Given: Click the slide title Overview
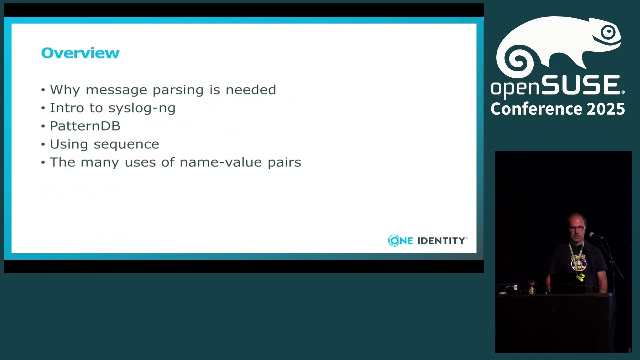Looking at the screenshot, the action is pyautogui.click(x=80, y=53).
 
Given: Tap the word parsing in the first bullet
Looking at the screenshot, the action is pyautogui.click(x=178, y=90).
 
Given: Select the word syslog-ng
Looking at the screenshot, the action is pyautogui.click(x=142, y=108).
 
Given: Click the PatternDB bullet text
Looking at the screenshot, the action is pyautogui.click(x=85, y=126).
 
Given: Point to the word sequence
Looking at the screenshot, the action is pyautogui.click(x=126, y=144).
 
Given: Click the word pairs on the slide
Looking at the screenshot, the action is pyautogui.click(x=284, y=163).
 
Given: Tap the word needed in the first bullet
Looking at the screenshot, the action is pyautogui.click(x=251, y=90).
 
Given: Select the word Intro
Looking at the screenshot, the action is pyautogui.click(x=67, y=108).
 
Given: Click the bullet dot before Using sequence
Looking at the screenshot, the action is pyautogui.click(x=43, y=144).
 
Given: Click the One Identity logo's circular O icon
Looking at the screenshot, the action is pyautogui.click(x=394, y=241).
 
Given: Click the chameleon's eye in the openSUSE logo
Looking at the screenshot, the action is pyautogui.click(x=609, y=32).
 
